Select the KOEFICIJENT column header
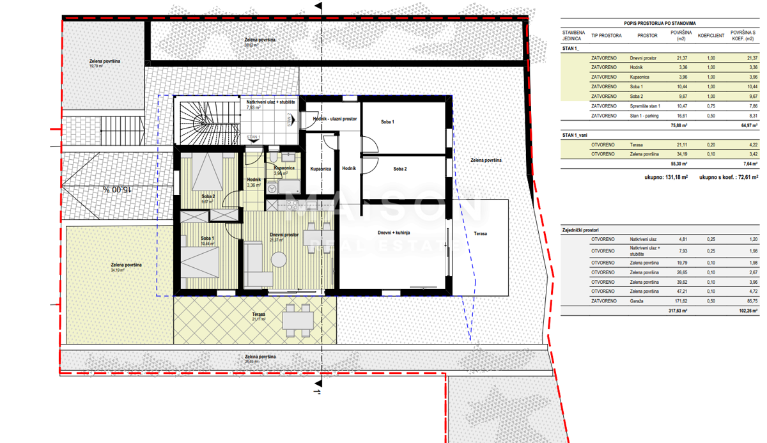(x=710, y=36)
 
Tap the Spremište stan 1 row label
(x=645, y=106)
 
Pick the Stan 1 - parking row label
(x=646, y=116)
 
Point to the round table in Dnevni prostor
(x=279, y=260)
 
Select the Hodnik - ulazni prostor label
(x=334, y=119)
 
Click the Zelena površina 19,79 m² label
(x=105, y=63)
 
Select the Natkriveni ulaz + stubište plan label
(x=270, y=102)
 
